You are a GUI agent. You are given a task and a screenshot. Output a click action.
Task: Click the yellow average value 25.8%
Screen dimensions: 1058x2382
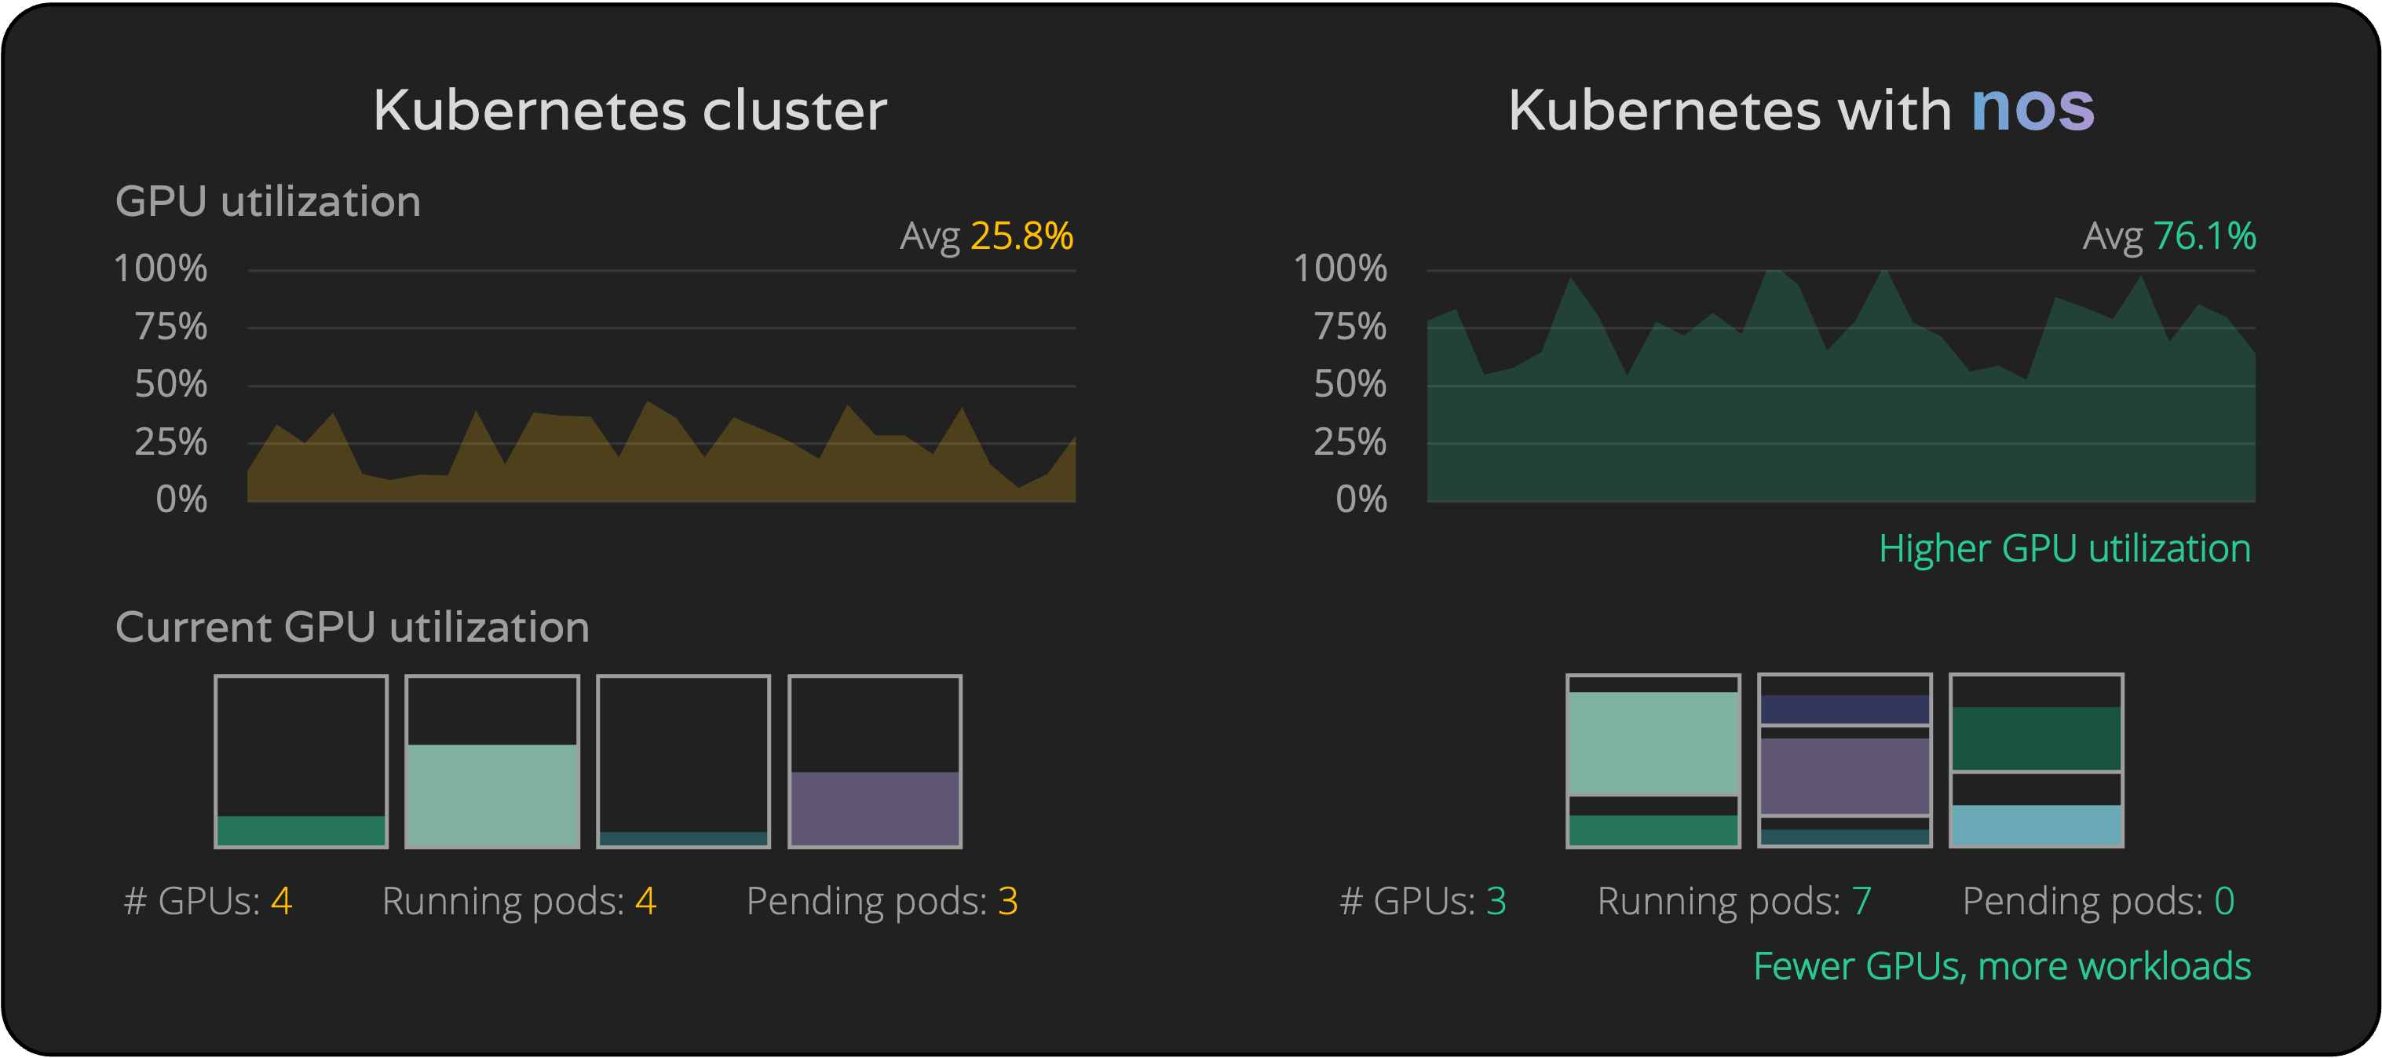(x=1021, y=236)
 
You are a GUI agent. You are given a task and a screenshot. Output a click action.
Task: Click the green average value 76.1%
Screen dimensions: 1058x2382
(x=2204, y=236)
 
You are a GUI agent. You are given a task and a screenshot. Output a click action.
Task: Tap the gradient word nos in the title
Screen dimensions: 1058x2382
(x=2032, y=108)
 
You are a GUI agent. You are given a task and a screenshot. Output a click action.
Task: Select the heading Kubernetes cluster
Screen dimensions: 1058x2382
(x=630, y=111)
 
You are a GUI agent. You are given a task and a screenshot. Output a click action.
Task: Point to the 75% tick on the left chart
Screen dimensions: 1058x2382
(x=171, y=327)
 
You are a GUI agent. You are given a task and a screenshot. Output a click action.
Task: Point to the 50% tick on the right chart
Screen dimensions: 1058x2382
(x=1350, y=384)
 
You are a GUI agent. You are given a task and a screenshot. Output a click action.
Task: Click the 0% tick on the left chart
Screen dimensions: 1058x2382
(x=181, y=500)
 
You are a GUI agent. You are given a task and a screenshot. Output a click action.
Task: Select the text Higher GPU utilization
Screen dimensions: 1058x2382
(x=2064, y=548)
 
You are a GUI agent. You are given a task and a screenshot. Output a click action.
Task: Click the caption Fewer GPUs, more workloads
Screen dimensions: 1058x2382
(x=2001, y=965)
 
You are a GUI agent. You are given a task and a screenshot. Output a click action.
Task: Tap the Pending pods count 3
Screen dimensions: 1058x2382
(x=1008, y=901)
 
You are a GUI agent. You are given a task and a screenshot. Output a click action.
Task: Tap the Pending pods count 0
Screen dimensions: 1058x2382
(x=2224, y=901)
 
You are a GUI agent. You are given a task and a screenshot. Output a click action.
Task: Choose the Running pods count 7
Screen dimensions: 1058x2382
(x=1861, y=901)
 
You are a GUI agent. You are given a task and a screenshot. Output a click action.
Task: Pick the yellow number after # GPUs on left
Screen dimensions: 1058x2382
(x=281, y=901)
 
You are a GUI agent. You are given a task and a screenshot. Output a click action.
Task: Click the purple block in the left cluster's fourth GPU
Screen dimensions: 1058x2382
(x=875, y=808)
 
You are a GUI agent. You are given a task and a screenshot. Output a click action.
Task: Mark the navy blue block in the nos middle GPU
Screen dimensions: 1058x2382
(x=1844, y=708)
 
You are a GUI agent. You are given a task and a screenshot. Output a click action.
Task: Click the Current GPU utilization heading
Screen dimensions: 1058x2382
(x=353, y=627)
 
